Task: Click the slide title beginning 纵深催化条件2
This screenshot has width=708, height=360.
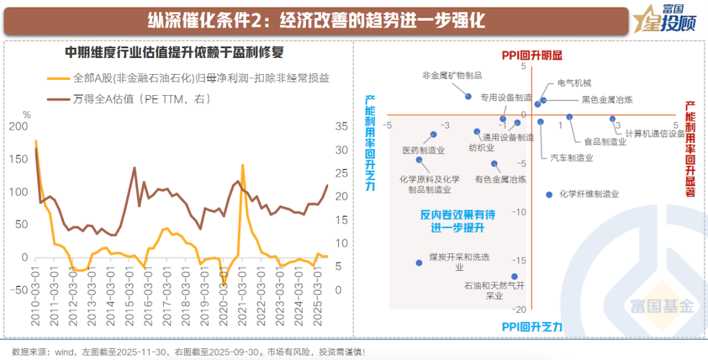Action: point(317,20)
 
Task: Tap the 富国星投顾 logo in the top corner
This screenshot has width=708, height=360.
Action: point(670,19)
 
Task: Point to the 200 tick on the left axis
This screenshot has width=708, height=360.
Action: point(21,127)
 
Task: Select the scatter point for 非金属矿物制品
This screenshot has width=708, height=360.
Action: point(468,96)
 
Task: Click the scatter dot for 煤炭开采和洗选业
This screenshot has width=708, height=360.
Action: point(420,263)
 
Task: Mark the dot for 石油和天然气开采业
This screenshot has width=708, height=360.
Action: point(515,277)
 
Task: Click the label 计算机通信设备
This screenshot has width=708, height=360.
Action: point(654,133)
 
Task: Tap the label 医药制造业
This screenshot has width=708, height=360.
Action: point(423,150)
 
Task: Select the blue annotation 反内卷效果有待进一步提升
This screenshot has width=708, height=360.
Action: point(458,221)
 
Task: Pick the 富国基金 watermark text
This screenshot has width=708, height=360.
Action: point(661,306)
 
